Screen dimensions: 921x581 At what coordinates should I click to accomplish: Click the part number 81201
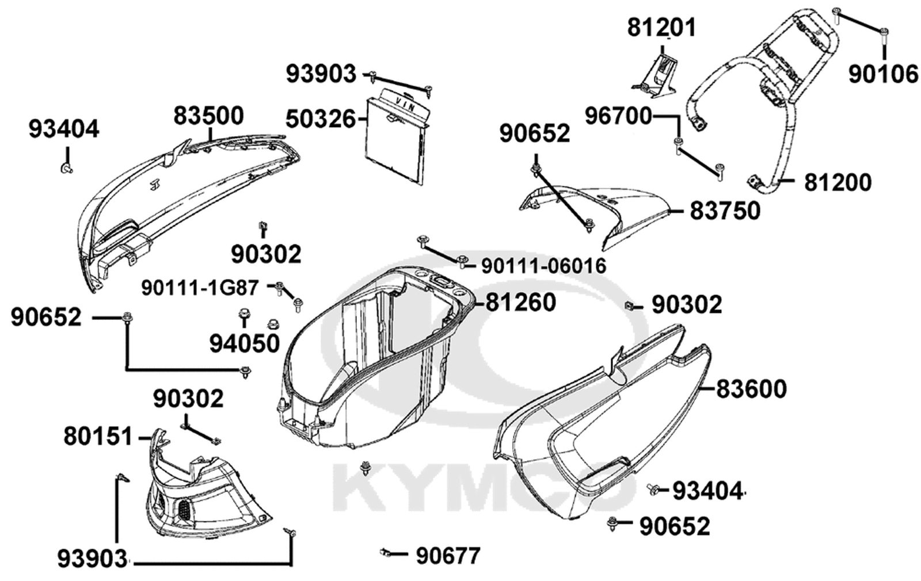point(661,28)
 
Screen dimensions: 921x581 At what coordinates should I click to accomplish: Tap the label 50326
point(320,119)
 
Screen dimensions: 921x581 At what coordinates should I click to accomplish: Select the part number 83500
point(208,116)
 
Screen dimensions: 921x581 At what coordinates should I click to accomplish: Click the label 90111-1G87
point(200,288)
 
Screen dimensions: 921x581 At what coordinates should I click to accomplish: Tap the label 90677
point(448,556)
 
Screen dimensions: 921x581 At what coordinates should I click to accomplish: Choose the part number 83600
point(752,389)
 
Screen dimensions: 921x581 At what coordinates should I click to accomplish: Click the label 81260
point(521,303)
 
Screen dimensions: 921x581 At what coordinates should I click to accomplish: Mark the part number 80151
point(98,436)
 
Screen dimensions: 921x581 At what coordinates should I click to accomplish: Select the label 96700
point(619,116)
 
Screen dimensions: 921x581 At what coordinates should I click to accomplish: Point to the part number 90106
point(883,74)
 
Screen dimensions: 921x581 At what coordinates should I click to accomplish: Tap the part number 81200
point(838,182)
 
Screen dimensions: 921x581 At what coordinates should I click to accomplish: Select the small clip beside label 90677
point(385,552)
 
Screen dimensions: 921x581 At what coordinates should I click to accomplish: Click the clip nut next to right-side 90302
point(628,305)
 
